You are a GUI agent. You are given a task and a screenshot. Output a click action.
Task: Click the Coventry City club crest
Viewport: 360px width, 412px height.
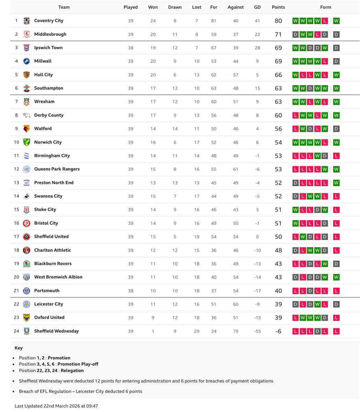26,21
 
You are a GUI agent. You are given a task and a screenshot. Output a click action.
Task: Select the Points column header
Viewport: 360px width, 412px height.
278,7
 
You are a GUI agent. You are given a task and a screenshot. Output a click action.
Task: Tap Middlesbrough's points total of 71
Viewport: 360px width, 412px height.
278,34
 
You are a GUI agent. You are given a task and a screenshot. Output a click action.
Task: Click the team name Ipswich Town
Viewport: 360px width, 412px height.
48,48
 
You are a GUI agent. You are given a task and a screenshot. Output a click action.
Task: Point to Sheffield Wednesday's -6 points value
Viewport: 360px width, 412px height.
278,331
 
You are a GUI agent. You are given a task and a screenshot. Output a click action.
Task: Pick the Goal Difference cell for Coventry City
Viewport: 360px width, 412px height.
257,21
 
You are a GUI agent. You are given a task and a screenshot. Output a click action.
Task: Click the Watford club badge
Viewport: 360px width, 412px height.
26,129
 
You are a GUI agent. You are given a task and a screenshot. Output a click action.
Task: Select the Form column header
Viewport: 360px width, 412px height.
325,7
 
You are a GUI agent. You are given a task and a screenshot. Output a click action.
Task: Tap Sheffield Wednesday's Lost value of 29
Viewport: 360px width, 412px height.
196,331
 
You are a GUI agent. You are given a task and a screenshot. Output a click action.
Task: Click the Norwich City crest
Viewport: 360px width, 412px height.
26,142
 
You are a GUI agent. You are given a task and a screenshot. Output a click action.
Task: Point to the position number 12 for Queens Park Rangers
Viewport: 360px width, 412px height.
16,169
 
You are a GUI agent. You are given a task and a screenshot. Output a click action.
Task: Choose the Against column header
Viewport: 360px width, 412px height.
236,7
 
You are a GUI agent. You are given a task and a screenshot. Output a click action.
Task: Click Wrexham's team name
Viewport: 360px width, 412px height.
44,102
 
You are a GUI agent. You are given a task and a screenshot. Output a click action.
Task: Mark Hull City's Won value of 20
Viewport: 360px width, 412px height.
153,75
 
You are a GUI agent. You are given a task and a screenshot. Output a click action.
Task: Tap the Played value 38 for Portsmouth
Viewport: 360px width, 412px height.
131,291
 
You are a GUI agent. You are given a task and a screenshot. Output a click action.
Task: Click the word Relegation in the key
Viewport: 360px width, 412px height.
72,370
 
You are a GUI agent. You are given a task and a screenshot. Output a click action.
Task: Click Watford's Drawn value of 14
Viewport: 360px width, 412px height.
175,129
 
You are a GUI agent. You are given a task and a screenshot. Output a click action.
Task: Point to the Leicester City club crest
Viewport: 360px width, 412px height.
26,304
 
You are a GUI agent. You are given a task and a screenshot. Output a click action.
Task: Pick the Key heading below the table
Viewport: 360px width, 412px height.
19,348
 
